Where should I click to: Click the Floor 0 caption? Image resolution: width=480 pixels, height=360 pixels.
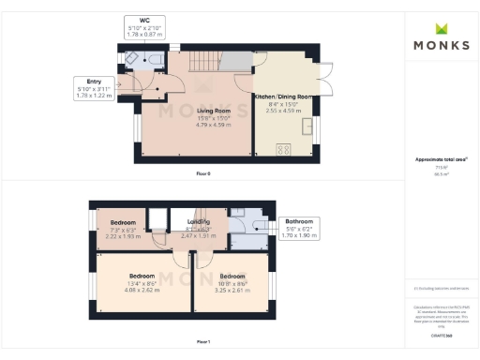[x=203, y=174]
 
